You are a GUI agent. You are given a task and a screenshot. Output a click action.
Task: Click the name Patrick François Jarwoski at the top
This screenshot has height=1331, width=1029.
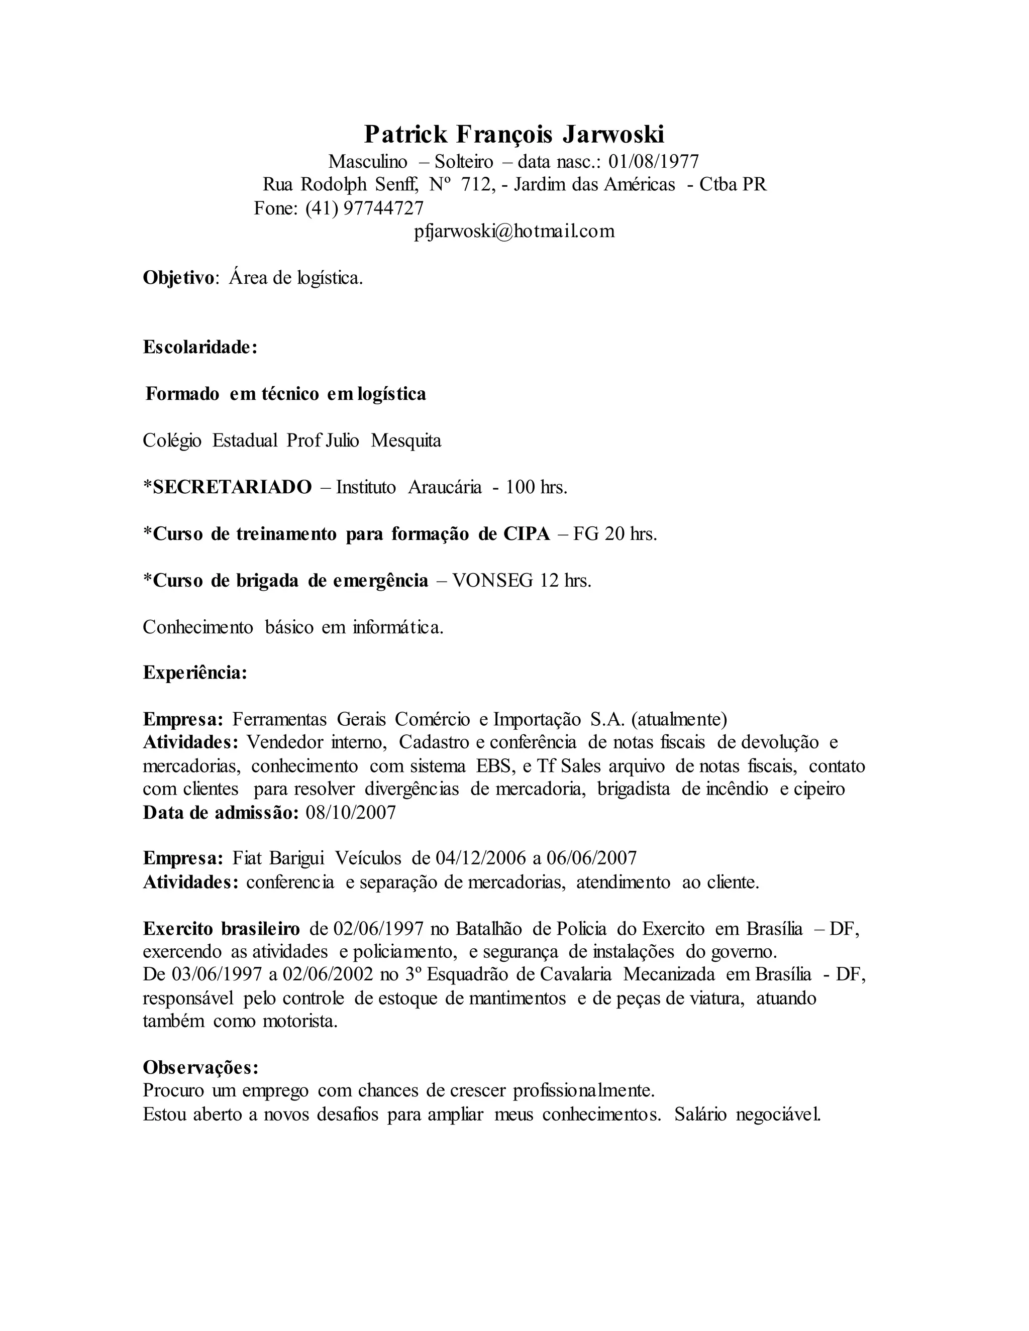(x=514, y=134)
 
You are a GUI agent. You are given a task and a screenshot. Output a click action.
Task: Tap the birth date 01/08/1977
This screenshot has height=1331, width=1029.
(x=654, y=162)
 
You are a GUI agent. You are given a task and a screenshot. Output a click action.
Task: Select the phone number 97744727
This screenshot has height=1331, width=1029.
(x=383, y=208)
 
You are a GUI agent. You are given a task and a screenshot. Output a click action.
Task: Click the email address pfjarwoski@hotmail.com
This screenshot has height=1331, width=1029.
(x=514, y=232)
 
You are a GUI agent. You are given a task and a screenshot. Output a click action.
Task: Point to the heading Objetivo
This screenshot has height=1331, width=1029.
(x=178, y=278)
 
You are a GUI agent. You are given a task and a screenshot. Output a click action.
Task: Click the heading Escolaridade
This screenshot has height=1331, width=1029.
(x=199, y=348)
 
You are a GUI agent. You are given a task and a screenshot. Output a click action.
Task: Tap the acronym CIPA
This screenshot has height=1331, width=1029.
(x=527, y=534)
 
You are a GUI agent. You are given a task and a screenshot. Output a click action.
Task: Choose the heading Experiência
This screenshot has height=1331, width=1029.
(x=194, y=673)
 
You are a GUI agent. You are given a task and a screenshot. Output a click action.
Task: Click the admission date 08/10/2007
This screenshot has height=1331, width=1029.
(x=351, y=812)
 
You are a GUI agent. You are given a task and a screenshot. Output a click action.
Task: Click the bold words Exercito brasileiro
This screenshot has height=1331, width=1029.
(x=221, y=929)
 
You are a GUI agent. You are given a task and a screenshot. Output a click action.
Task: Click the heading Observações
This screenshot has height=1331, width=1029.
(x=200, y=1067)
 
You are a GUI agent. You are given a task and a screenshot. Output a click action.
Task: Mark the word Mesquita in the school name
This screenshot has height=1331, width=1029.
(x=406, y=440)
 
